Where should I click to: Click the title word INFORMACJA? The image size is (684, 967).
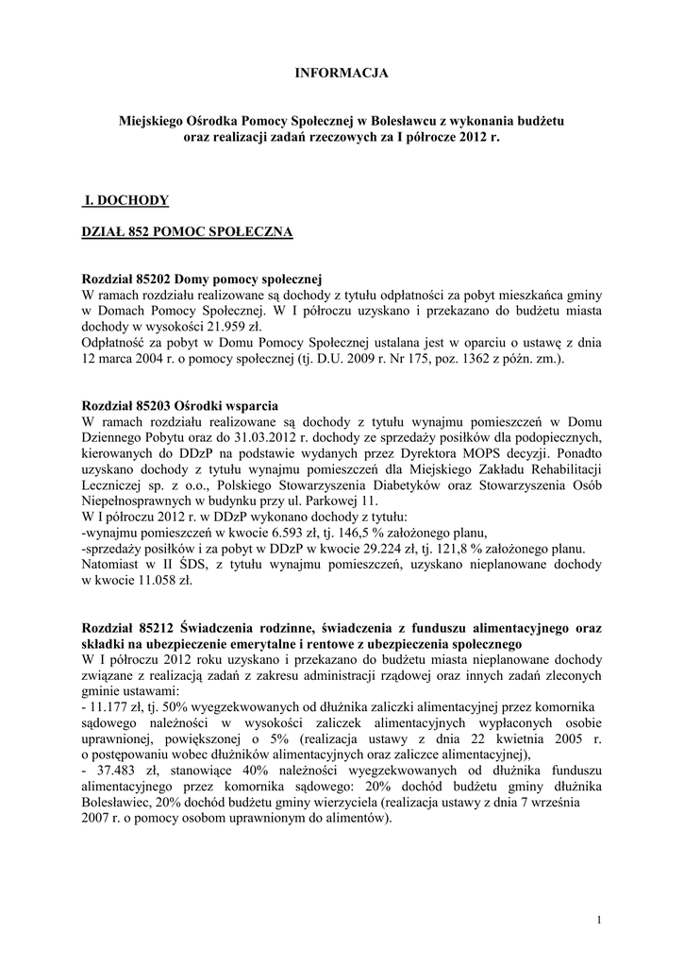click(x=342, y=72)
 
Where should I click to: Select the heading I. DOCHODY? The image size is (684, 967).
click(x=126, y=199)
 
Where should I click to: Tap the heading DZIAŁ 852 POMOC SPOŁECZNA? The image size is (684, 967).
click(x=187, y=231)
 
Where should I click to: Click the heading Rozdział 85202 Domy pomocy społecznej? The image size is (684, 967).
click(x=203, y=280)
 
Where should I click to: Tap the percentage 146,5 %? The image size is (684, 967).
click(x=367, y=534)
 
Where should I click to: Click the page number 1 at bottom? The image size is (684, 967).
click(x=599, y=920)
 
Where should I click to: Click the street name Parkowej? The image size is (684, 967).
click(x=332, y=501)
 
